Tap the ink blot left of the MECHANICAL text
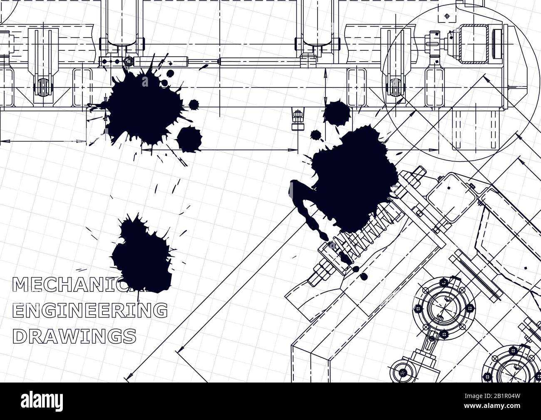click(141, 254)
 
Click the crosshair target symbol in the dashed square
click(447, 16)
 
